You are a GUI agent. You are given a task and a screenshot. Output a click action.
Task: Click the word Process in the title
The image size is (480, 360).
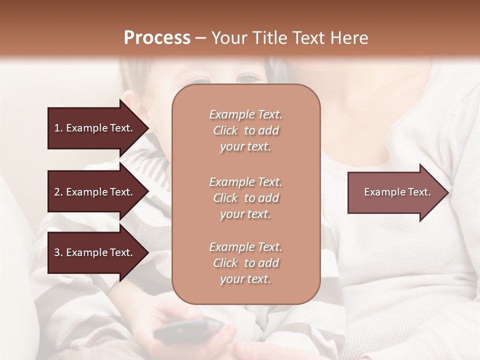[x=157, y=38]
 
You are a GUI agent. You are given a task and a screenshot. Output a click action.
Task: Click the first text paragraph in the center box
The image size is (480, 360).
[x=245, y=130]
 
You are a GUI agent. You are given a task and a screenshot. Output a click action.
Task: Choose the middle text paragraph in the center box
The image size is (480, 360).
[x=245, y=198]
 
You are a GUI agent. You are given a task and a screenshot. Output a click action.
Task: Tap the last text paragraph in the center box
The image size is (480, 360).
[x=245, y=263]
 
